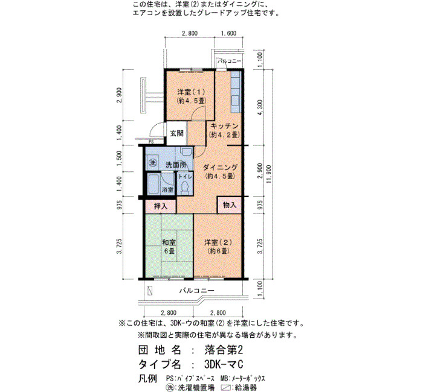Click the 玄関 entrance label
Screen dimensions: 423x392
(177, 133)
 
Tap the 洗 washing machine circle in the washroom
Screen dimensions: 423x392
(153, 163)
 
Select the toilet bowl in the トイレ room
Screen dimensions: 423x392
(185, 188)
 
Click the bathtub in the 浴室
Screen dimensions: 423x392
(153, 184)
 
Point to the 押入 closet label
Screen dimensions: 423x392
(161, 206)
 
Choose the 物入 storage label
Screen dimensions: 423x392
(230, 205)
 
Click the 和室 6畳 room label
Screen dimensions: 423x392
(169, 247)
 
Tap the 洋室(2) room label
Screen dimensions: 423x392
(218, 247)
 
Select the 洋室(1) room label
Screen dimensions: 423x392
(192, 96)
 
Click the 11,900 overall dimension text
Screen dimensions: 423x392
(269, 174)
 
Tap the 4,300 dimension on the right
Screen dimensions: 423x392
(260, 107)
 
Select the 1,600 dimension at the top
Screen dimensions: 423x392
(229, 33)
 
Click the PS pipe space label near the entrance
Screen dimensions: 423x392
(151, 142)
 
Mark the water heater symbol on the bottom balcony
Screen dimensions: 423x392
(150, 291)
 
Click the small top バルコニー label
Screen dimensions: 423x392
(230, 61)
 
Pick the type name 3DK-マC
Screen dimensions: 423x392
(224, 364)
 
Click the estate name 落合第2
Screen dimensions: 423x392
(224, 350)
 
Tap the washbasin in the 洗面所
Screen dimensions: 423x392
(186, 151)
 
